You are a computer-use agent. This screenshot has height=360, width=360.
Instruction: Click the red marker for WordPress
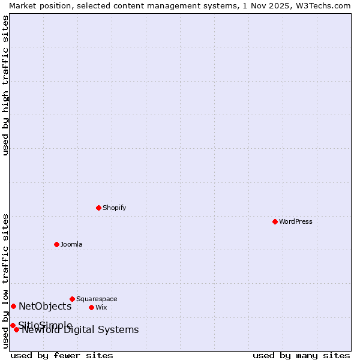coord(275,221)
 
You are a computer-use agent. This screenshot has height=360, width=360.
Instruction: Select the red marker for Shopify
coord(98,208)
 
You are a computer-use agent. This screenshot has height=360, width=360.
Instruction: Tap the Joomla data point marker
coord(56,244)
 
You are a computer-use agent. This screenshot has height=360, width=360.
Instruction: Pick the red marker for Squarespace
coord(72,299)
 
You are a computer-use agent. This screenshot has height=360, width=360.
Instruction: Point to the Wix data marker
coord(91,307)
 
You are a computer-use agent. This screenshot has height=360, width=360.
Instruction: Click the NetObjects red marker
coord(13,306)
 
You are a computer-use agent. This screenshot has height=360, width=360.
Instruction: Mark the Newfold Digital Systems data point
coord(17,329)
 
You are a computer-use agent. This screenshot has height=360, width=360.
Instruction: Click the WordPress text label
coord(296,221)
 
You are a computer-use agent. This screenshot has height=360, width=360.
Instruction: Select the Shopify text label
coord(114,208)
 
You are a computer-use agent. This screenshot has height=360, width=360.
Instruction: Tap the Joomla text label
coord(71,244)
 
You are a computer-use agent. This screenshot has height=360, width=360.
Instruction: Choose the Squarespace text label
coord(97,299)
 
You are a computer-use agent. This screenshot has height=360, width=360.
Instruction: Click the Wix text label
coord(101,307)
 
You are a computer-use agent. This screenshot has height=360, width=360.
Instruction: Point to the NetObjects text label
coord(45,306)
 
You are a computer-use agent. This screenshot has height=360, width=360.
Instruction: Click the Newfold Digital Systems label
coord(81,330)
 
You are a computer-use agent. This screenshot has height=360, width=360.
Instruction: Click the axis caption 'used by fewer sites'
coord(62,355)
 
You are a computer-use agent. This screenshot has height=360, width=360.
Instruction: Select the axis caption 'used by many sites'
coord(301,355)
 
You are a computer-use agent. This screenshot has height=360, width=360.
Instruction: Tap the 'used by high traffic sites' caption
coord(5,85)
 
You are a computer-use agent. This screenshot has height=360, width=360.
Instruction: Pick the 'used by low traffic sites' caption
coord(5,281)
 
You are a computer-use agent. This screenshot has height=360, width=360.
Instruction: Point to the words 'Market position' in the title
coord(37,5)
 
